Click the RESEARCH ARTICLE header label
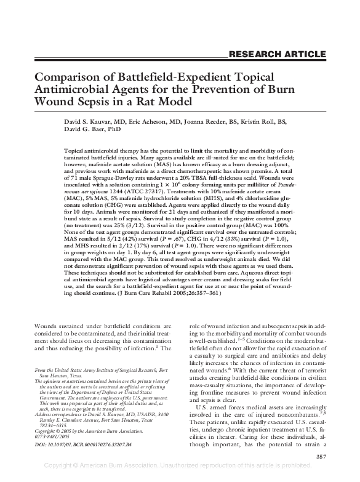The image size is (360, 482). click(x=277, y=54)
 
